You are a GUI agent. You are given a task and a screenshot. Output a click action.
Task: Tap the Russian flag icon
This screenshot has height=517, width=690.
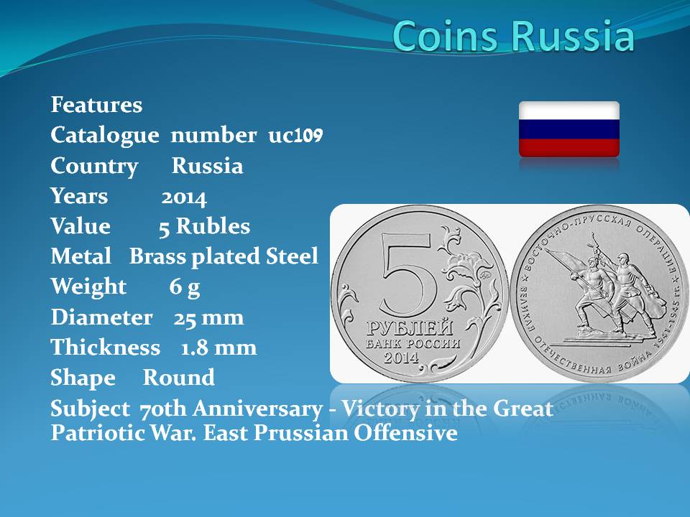click(569, 129)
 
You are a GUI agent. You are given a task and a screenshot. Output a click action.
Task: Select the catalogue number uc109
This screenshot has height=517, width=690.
click(295, 135)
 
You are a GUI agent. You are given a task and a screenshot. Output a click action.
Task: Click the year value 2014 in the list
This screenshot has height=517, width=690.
click(184, 197)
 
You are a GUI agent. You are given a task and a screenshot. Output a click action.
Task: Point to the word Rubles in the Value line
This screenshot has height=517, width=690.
click(213, 226)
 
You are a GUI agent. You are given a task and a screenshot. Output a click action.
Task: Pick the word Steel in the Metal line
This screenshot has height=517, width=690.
click(292, 256)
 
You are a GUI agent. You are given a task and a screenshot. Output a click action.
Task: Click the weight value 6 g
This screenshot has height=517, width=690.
click(185, 287)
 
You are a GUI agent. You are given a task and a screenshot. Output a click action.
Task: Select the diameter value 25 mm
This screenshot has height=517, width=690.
click(208, 317)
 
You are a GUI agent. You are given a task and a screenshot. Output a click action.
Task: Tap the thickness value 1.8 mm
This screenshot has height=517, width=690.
click(218, 348)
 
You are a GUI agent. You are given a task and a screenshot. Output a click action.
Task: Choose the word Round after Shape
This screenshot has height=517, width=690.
click(179, 378)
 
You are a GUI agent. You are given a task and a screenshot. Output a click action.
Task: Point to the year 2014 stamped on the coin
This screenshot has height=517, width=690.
click(401, 358)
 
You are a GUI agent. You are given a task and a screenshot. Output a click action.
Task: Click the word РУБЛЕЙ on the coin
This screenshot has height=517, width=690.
click(410, 327)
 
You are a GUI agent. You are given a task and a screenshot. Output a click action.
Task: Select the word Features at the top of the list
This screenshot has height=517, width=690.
click(97, 105)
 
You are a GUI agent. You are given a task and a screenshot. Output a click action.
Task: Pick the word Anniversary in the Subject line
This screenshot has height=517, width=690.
click(257, 409)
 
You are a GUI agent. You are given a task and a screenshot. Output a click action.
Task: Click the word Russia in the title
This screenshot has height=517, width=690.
click(574, 36)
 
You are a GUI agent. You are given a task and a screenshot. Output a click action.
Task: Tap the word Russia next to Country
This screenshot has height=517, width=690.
click(207, 166)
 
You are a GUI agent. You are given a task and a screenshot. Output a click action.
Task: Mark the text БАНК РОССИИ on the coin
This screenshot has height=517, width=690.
click(413, 344)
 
